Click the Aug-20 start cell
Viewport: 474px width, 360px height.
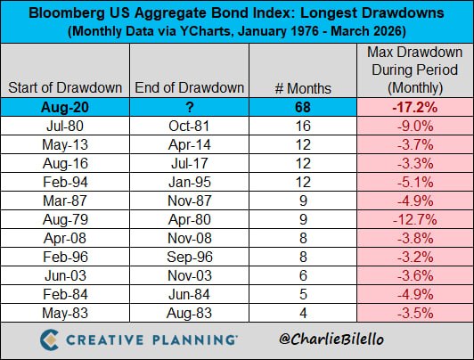click(65, 107)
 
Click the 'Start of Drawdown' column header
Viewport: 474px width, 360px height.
click(65, 87)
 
